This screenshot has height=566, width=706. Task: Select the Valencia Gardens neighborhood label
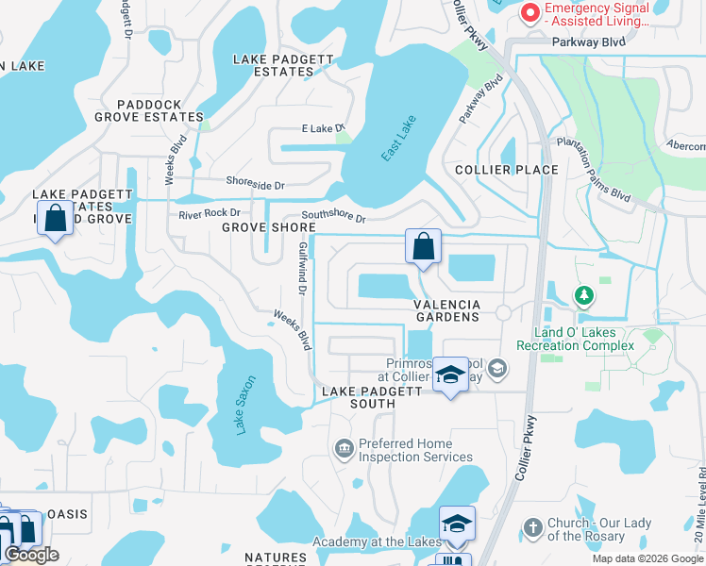(x=447, y=310)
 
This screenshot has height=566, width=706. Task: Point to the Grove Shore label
(x=269, y=227)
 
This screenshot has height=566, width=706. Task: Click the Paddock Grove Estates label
(x=148, y=111)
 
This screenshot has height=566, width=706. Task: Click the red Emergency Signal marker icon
(x=530, y=13)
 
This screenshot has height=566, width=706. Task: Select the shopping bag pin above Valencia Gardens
(x=424, y=247)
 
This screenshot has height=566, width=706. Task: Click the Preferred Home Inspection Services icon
(x=344, y=446)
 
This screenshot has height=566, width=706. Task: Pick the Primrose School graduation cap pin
(x=450, y=375)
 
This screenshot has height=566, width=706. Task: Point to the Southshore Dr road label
(x=333, y=218)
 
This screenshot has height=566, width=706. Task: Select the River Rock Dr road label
(x=210, y=214)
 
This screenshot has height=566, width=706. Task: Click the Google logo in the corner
(x=32, y=555)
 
